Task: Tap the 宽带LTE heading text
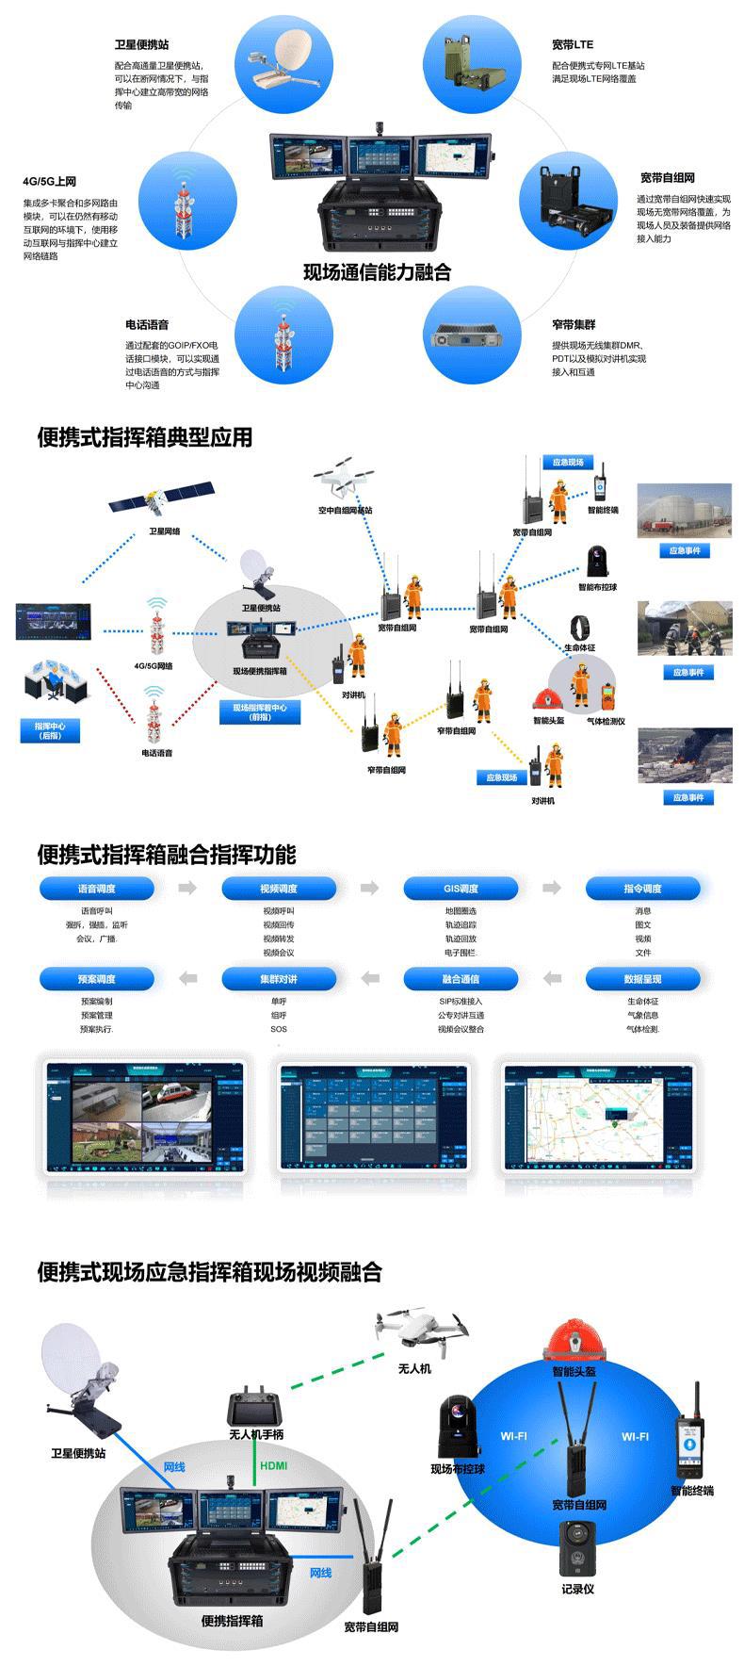pos(573,44)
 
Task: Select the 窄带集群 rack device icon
pos(471,338)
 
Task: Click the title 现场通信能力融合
pos(377,272)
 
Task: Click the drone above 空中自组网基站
pos(344,479)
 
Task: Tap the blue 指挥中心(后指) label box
pos(50,730)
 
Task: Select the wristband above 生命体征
pos(578,629)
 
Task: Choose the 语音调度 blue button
pos(97,889)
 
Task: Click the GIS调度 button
pos(461,889)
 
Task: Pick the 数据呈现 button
pos(643,979)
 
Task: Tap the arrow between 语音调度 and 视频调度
pos(187,888)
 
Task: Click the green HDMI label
pos(273,1466)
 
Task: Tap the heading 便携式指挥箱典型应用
pos(145,437)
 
